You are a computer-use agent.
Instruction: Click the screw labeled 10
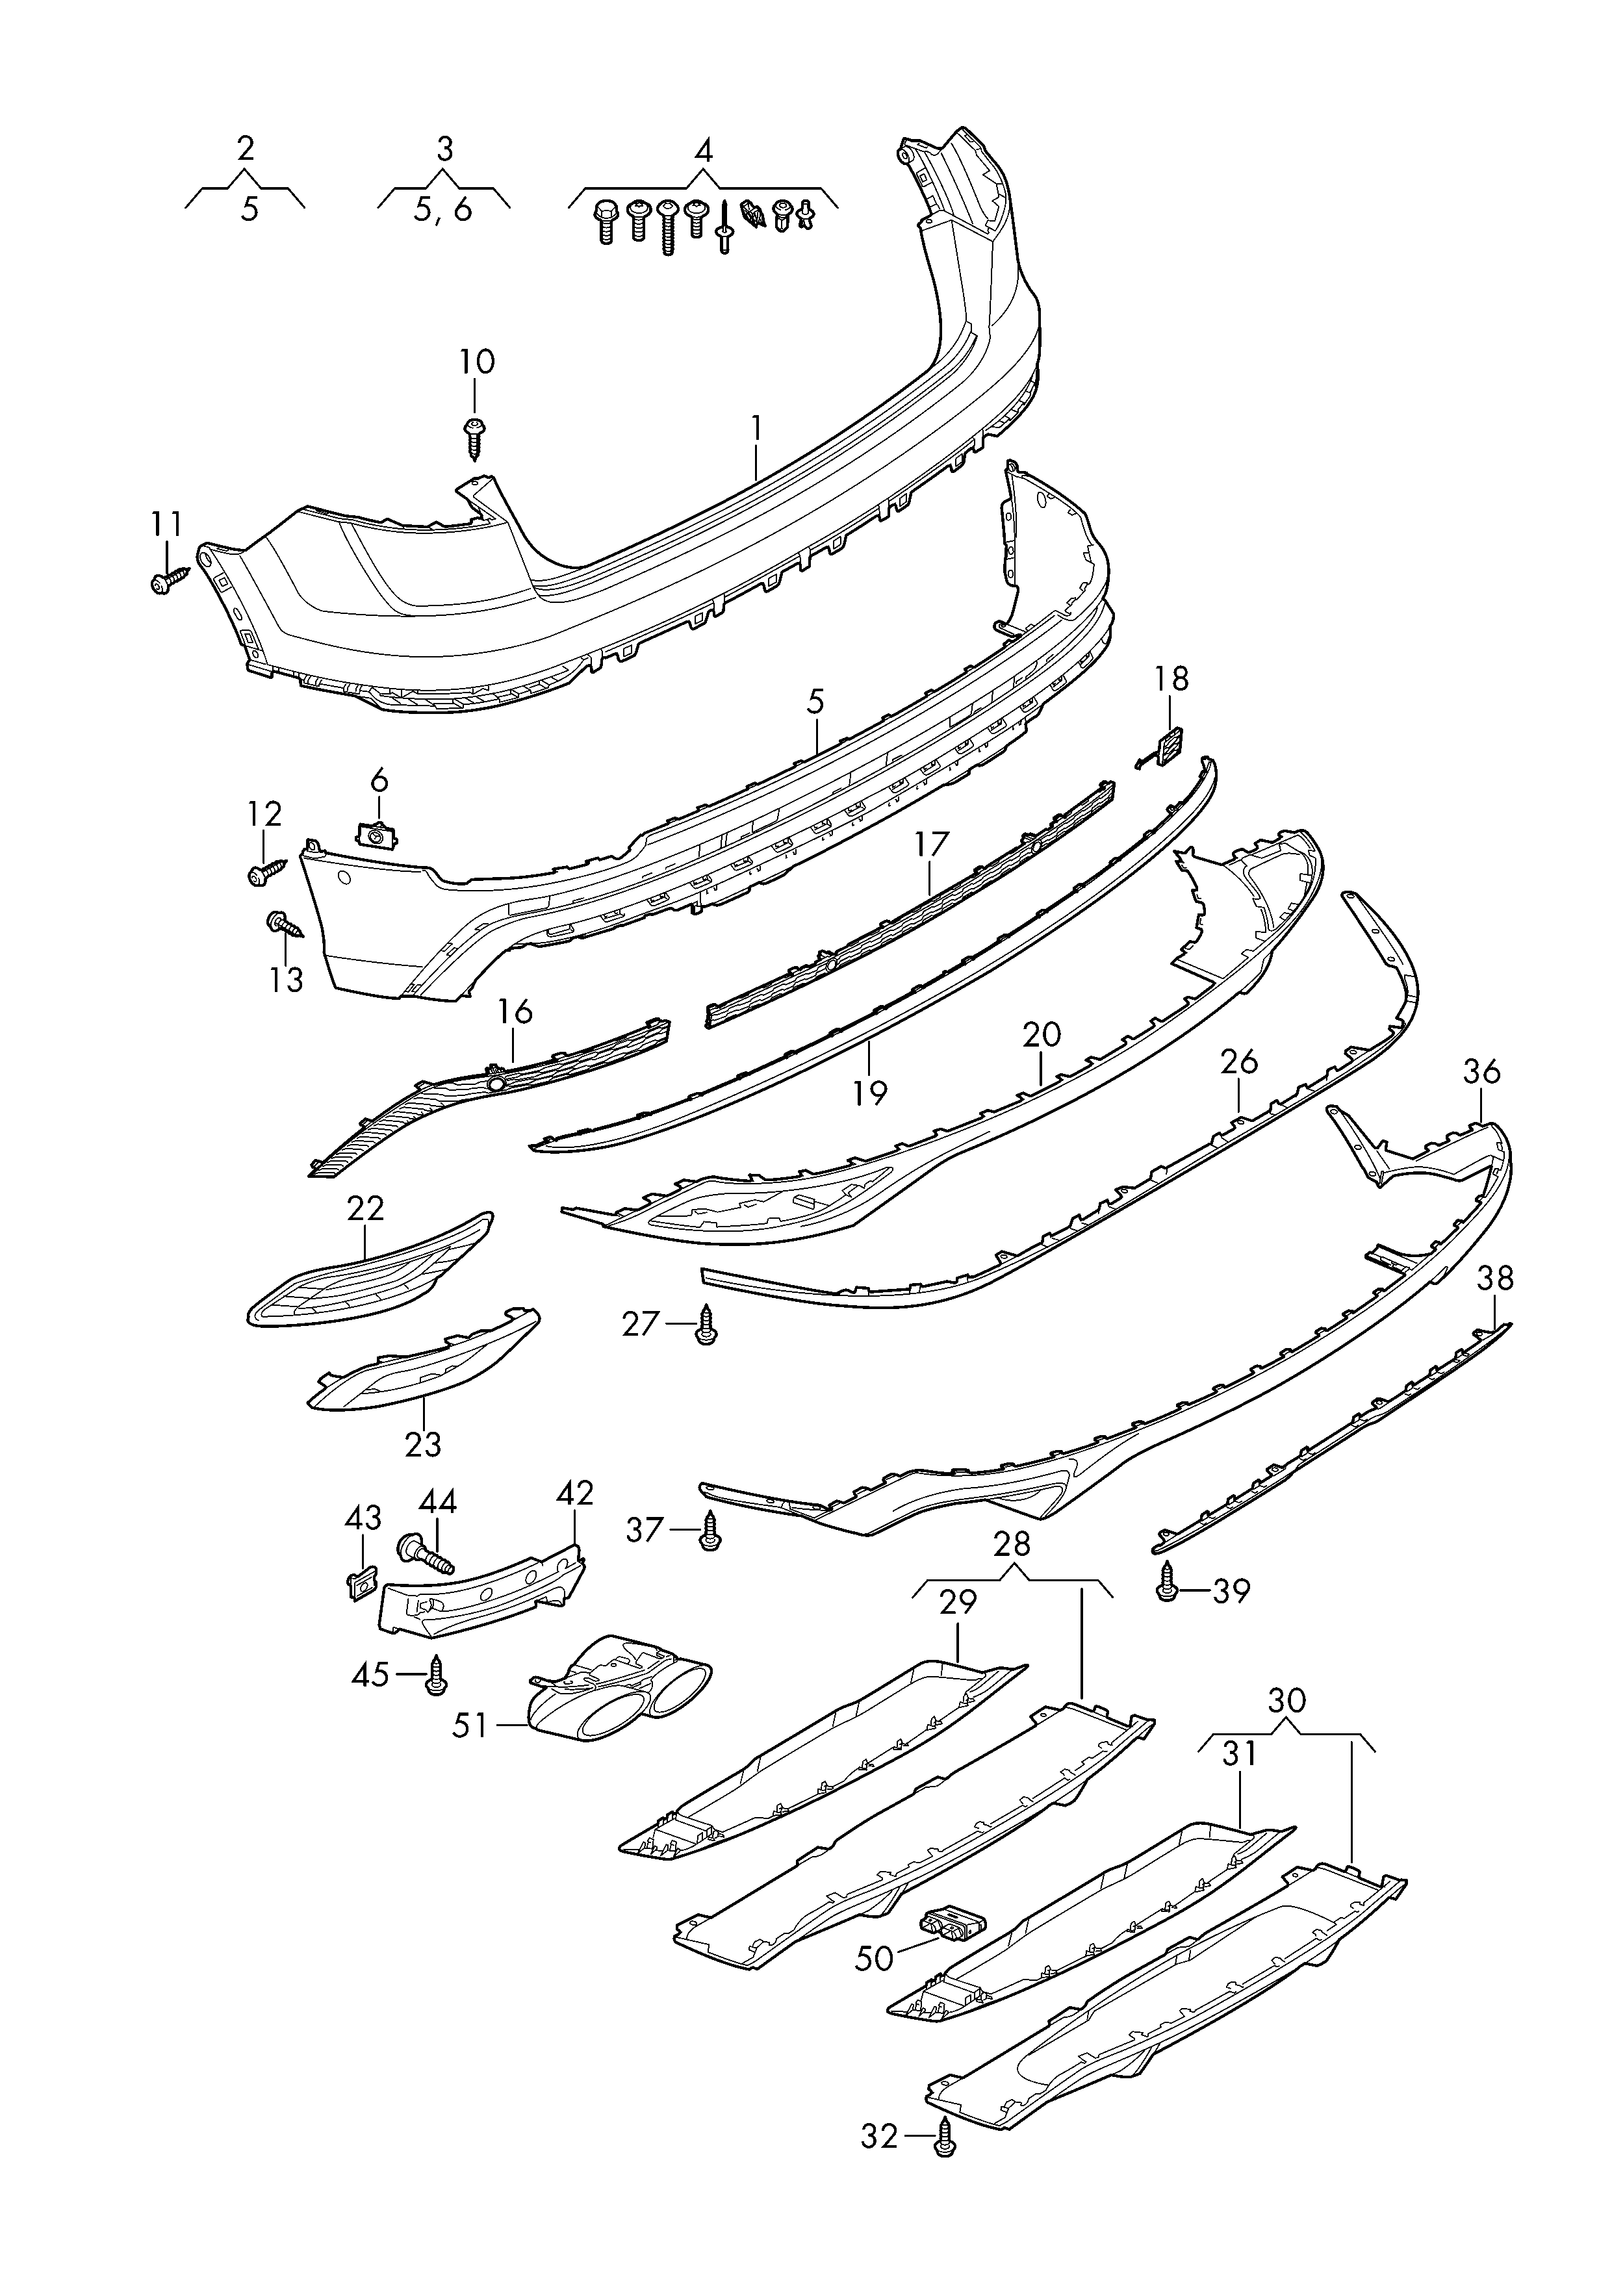[x=474, y=436]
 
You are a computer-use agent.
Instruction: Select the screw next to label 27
[x=707, y=1325]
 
